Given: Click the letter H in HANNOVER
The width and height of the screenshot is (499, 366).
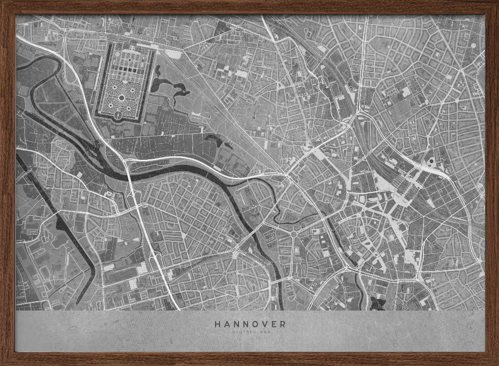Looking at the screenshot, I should click(218, 324).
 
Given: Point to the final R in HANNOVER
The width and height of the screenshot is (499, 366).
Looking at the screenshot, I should click(283, 324).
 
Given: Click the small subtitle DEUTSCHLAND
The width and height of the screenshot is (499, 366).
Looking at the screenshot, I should click(250, 332).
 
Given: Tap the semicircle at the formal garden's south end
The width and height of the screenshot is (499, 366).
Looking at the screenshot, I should click(118, 116).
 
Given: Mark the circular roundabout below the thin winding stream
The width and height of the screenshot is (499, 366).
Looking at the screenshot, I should click(293, 234).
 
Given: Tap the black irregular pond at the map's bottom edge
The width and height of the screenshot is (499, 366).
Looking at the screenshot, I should click(376, 303).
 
